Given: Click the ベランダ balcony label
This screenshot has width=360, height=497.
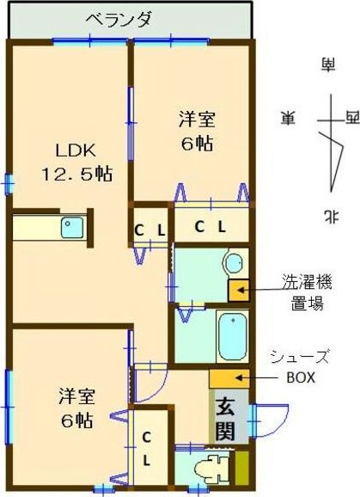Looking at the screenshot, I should [x=120, y=18].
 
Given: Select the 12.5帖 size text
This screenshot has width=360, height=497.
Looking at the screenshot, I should [x=76, y=174].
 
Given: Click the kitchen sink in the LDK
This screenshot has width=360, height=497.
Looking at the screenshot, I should [x=70, y=228].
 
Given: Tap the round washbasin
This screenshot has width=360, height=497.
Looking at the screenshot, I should [x=232, y=261].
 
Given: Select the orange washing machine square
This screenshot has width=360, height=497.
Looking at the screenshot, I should [x=238, y=290].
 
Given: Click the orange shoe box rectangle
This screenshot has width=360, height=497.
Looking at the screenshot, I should [x=229, y=378].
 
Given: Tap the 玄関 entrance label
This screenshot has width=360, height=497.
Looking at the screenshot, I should [x=225, y=417].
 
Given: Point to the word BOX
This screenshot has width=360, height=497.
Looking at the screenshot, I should [x=301, y=377].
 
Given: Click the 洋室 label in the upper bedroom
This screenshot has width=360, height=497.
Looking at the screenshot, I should [x=197, y=117].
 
